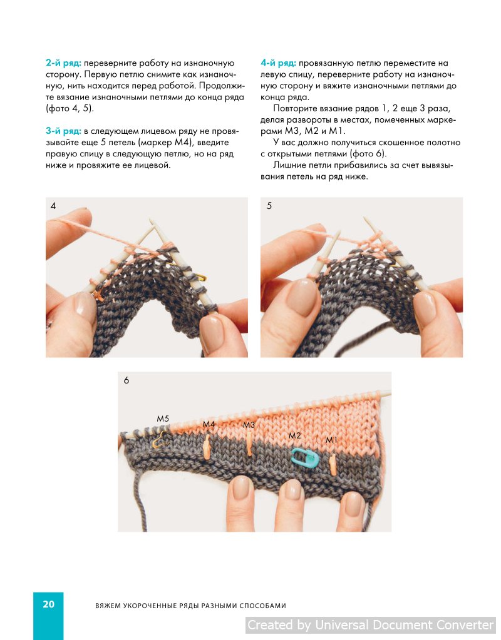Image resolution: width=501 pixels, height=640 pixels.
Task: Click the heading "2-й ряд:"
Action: (63, 63)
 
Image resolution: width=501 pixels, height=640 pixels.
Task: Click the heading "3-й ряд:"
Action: (63, 131)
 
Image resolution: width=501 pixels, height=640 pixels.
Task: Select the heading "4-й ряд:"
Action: (278, 63)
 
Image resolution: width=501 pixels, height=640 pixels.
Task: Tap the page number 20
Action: (49, 604)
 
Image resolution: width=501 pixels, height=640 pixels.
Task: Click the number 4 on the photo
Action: (53, 206)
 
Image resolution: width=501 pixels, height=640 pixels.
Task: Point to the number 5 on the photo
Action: (269, 206)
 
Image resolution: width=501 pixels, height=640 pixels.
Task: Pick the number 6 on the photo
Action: (127, 380)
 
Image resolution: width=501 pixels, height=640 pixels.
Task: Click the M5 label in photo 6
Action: (163, 419)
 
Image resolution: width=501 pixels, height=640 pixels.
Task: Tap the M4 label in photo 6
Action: (209, 424)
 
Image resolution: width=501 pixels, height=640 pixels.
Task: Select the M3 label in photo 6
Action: (249, 425)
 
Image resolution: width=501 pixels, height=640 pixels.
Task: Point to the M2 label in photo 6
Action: (294, 435)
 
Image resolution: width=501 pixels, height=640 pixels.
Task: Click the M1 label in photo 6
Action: (331, 440)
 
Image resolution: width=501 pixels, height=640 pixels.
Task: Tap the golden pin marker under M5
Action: (161, 439)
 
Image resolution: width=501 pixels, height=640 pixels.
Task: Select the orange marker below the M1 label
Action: (333, 465)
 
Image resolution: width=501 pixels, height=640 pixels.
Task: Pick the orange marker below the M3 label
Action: (249, 444)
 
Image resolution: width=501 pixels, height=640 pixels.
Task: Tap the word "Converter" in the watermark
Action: (465, 625)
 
